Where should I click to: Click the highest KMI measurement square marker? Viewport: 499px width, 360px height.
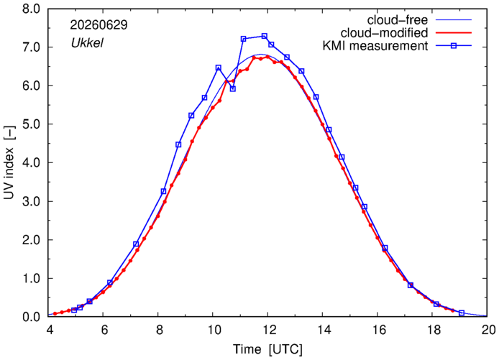(264, 36)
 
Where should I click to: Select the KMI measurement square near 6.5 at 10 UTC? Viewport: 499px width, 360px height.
(219, 68)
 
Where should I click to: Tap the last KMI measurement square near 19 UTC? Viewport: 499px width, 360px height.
(462, 313)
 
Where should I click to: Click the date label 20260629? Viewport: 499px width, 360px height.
(99, 25)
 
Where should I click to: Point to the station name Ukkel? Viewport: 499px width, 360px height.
(87, 43)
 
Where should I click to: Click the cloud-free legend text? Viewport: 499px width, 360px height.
(398, 20)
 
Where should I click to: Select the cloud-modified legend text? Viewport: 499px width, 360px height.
(384, 33)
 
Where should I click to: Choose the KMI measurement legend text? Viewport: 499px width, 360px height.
(375, 46)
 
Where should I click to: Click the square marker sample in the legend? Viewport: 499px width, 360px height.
(454, 46)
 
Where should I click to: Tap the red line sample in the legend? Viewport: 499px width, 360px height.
(454, 33)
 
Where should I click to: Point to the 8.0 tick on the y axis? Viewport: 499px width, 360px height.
(31, 9)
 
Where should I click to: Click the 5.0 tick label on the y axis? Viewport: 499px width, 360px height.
(31, 124)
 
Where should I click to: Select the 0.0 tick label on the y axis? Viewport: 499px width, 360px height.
(31, 317)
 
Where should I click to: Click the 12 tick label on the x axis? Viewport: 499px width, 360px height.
(267, 330)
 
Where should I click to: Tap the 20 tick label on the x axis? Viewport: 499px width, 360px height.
(487, 330)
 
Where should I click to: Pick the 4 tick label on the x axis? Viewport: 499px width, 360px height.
(49, 330)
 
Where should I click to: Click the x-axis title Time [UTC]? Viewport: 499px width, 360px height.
(267, 349)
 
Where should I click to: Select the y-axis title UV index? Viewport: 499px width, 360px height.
(9, 163)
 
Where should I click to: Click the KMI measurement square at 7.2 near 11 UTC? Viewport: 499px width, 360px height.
(244, 39)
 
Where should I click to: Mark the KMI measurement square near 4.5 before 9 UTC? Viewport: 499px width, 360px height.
(178, 144)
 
